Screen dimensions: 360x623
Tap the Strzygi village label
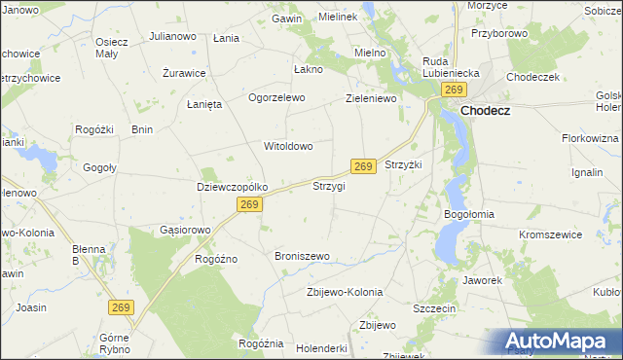click(x=328, y=186)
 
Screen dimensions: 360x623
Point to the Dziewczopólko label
click(x=232, y=187)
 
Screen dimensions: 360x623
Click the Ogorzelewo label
click(x=277, y=98)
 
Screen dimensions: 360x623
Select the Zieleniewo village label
click(x=375, y=98)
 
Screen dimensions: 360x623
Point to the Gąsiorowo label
click(x=185, y=231)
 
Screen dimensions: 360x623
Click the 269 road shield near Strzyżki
click(x=363, y=166)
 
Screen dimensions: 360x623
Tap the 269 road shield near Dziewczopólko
click(x=249, y=204)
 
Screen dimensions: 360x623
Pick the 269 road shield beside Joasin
click(x=120, y=306)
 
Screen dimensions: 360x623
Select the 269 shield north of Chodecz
click(x=454, y=90)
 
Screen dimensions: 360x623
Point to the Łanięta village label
click(x=205, y=104)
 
